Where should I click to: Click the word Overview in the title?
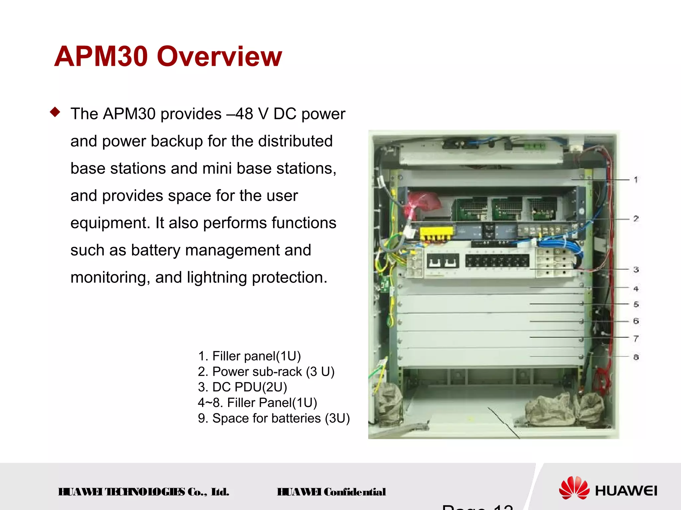pos(219,56)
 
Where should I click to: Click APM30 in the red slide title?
pos(101,56)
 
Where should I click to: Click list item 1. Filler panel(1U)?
pos(249,356)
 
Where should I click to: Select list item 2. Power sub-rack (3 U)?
pos(266,372)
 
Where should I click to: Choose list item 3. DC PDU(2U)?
pos(242,387)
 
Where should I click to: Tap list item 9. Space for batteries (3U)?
pos(274,418)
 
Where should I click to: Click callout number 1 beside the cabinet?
pos(636,180)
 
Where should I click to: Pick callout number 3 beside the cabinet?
pos(636,269)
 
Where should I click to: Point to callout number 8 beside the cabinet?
pos(636,357)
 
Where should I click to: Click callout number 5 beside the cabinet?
pos(636,304)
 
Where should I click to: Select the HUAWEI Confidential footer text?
pos(331,492)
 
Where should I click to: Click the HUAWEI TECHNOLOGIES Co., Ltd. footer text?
pos(144,492)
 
